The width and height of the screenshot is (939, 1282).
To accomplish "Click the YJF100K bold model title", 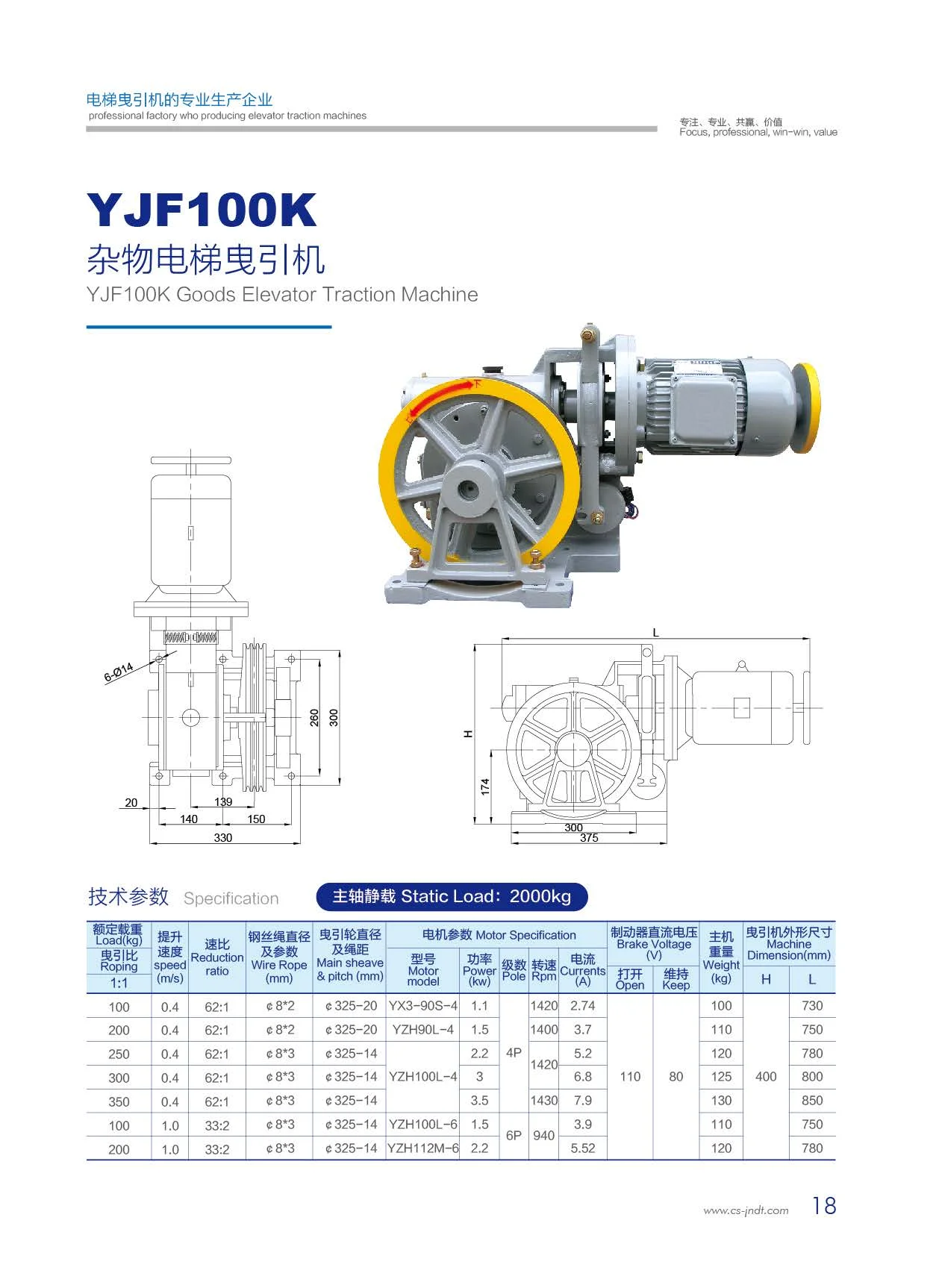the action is tap(202, 210).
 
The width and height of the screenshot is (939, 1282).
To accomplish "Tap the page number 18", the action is tap(824, 1206).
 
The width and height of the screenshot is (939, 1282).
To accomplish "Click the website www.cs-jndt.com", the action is tap(746, 1210).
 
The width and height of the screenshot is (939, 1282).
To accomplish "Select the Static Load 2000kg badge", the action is tap(452, 896).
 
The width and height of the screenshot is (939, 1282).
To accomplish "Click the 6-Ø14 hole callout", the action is tap(119, 672).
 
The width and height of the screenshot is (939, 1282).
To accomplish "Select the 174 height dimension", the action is tap(485, 787).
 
